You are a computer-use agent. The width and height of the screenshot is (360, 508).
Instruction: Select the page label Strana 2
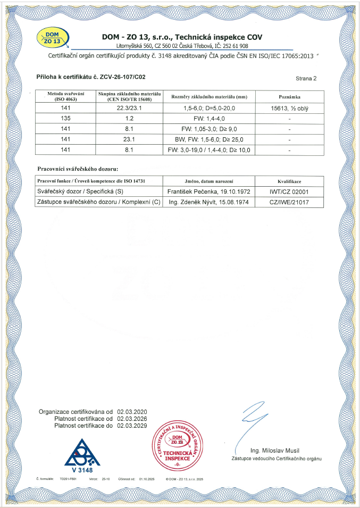pyautogui.click(x=306, y=78)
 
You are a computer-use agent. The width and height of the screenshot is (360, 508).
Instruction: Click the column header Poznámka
pyautogui.click(x=290, y=97)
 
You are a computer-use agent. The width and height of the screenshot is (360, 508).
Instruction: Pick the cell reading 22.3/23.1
pyautogui.click(x=129, y=109)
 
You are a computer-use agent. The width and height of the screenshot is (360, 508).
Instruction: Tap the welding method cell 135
pyautogui.click(x=65, y=119)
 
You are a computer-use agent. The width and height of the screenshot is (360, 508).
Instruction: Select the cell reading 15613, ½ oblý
pyautogui.click(x=290, y=109)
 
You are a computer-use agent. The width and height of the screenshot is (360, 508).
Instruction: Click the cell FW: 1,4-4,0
pyautogui.click(x=209, y=119)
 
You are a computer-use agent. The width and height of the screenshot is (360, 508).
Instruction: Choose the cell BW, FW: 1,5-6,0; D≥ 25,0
pyautogui.click(x=209, y=139)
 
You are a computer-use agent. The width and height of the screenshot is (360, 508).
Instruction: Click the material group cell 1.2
pyautogui.click(x=129, y=119)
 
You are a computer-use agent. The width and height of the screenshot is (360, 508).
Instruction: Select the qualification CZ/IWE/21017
pyautogui.click(x=290, y=202)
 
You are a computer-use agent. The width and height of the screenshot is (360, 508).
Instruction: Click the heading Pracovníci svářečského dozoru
pyautogui.click(x=78, y=169)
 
